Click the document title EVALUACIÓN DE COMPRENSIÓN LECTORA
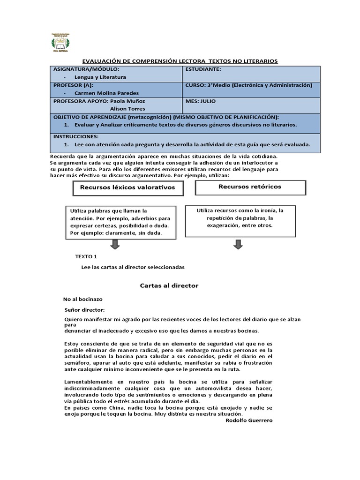click(x=180, y=61)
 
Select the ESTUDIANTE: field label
click(x=203, y=69)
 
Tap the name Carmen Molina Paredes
click(x=104, y=93)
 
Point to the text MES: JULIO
click(x=201, y=101)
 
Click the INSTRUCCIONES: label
click(x=76, y=136)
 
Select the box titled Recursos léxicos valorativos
click(x=127, y=187)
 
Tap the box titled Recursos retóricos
click(x=250, y=187)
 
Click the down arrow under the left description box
click(x=114, y=244)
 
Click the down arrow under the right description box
click(x=238, y=244)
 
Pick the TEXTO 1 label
click(x=86, y=257)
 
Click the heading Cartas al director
click(x=169, y=285)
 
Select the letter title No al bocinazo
click(x=83, y=299)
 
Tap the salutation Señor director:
click(x=85, y=309)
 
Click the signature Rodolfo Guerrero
click(x=248, y=420)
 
